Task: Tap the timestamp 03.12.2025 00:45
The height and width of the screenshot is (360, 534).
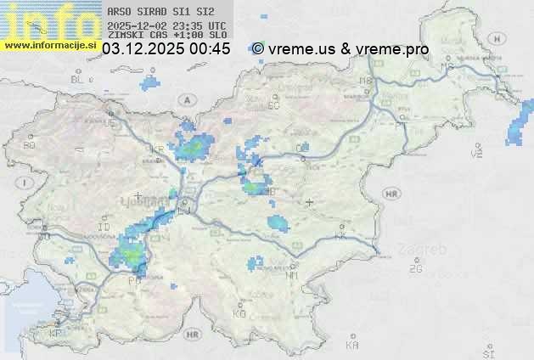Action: pos(166,49)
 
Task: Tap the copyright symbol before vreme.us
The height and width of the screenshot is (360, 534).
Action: pos(258,49)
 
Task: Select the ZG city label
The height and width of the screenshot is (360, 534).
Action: pos(415,269)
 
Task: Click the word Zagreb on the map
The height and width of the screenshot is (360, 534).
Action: pos(430,250)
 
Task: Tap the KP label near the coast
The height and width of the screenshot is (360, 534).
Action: pos(56,333)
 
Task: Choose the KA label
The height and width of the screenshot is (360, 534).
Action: pos(352,345)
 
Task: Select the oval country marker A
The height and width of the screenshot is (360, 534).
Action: pos(185,99)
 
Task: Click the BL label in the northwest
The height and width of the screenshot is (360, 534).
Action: pos(78,78)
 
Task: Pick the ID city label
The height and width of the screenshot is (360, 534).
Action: pos(104,228)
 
